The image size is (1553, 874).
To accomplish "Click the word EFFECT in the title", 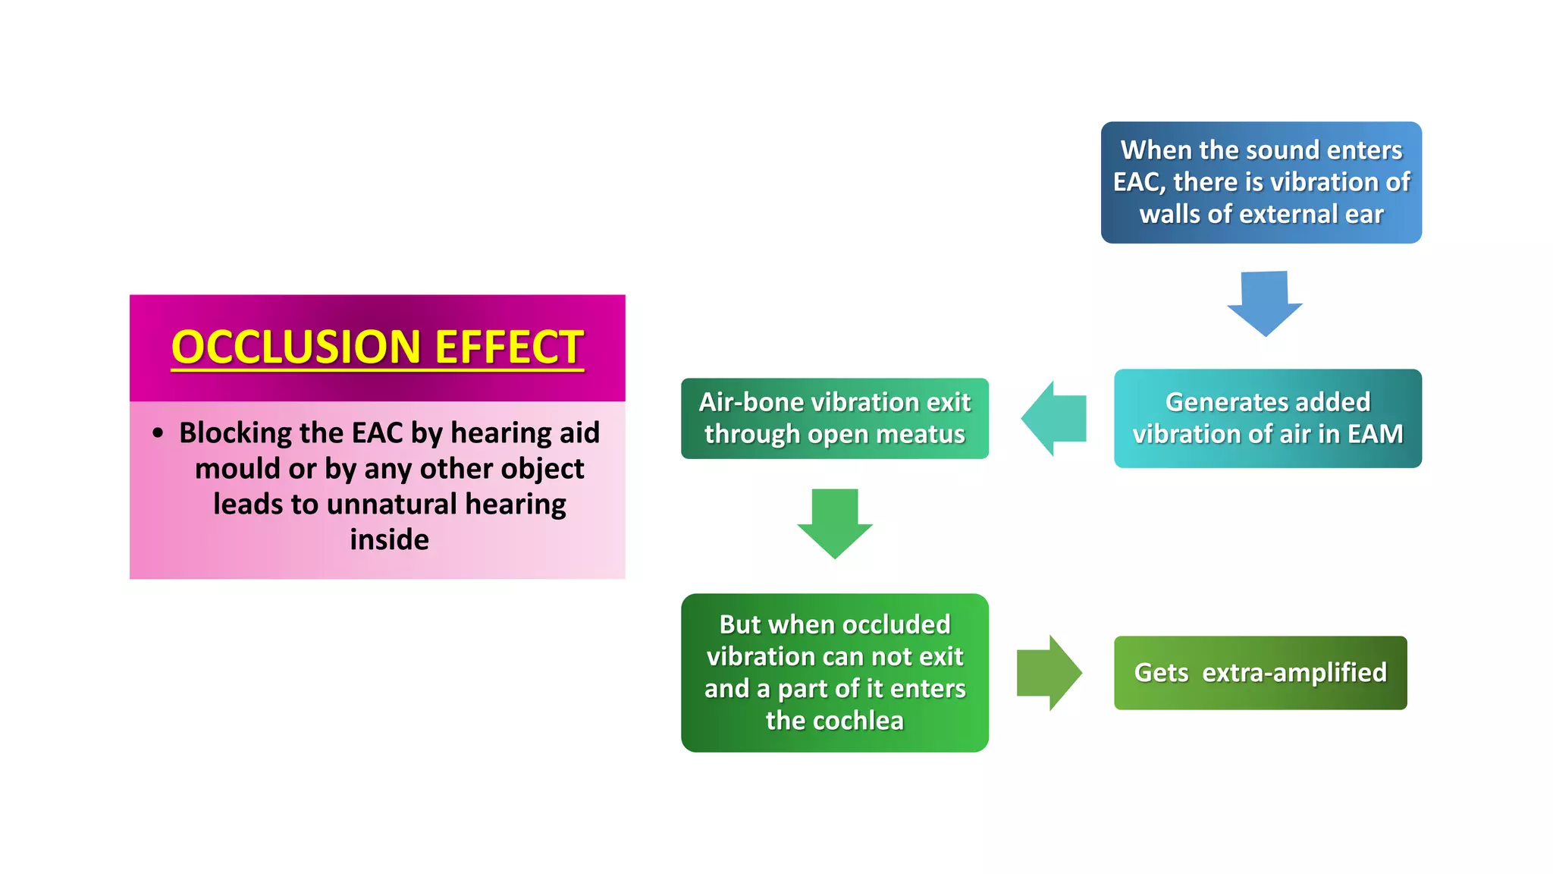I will (509, 347).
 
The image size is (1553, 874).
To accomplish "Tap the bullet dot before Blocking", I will (158, 433).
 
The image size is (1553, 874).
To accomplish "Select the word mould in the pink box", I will (230, 469).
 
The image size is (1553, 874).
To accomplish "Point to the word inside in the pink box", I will (389, 539).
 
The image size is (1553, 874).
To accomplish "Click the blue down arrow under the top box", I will (1264, 303).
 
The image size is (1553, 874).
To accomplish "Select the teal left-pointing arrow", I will (1053, 418).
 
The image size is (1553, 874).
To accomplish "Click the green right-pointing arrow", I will (1049, 672).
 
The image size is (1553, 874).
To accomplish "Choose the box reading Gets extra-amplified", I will (1260, 673).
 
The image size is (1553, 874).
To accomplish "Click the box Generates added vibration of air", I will (1267, 418).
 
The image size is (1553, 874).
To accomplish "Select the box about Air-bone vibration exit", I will (834, 418).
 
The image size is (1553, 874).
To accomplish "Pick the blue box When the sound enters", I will (1261, 182).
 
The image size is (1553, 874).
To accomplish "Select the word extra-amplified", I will (1294, 673).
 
